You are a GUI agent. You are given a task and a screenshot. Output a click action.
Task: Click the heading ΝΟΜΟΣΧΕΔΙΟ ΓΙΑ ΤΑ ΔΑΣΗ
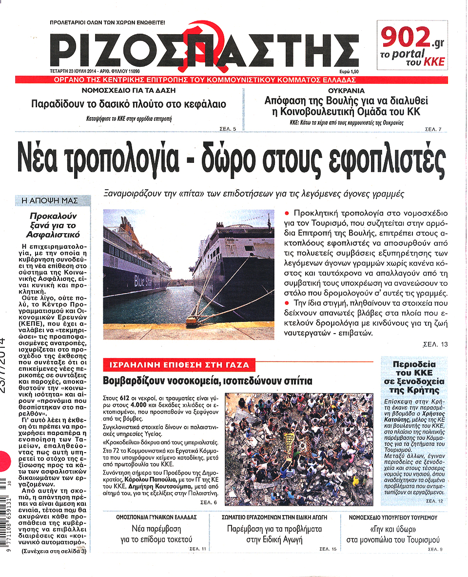pyautogui.click(x=129, y=91)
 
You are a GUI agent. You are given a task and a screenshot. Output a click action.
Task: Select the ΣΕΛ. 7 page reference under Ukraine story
pyautogui.click(x=433, y=129)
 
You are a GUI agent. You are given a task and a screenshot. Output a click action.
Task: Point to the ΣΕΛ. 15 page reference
pyautogui.click(x=328, y=550)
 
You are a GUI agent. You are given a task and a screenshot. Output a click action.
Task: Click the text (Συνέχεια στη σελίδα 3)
pyautogui.click(x=54, y=552)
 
